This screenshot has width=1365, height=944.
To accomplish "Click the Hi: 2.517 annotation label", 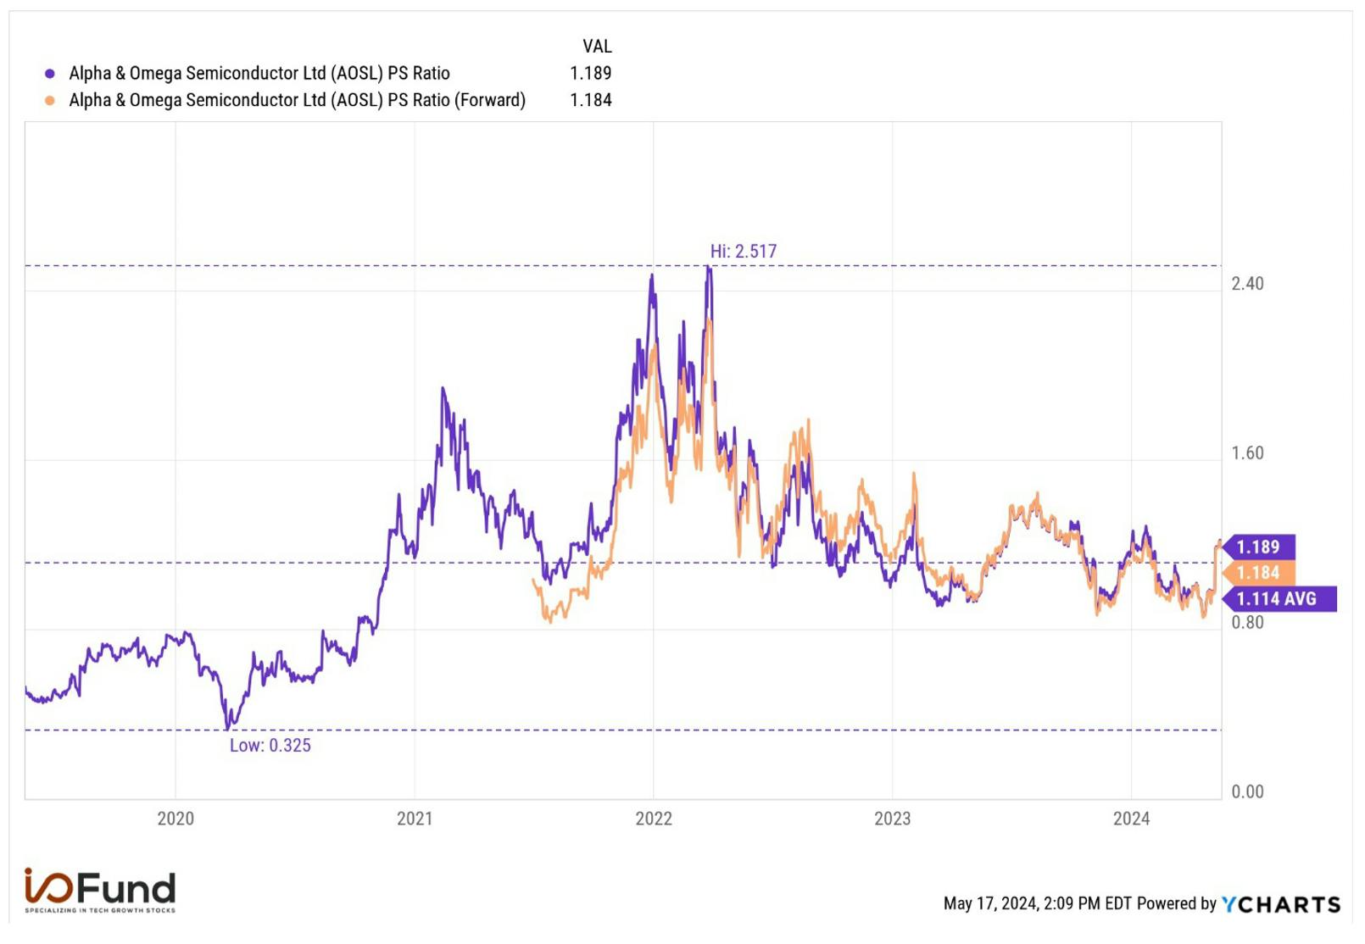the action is pyautogui.click(x=743, y=251).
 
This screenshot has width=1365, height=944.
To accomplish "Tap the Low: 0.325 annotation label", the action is pyautogui.click(x=270, y=745).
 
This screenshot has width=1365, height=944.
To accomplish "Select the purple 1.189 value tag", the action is pyautogui.click(x=1259, y=547).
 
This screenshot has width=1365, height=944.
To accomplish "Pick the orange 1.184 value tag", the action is pyautogui.click(x=1259, y=573).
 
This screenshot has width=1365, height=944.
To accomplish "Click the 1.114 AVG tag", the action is pyautogui.click(x=1279, y=598).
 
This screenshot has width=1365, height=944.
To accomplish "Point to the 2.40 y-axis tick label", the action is pyautogui.click(x=1247, y=283).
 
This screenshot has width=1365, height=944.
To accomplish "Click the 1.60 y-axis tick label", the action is pyautogui.click(x=1247, y=453).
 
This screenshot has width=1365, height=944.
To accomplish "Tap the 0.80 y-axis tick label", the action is pyautogui.click(x=1247, y=622).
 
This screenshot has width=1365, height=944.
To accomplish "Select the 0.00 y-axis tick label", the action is pyautogui.click(x=1247, y=791).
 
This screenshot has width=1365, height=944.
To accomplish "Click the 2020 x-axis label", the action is pyautogui.click(x=175, y=818).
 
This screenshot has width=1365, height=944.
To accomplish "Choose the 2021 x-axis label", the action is pyautogui.click(x=415, y=818).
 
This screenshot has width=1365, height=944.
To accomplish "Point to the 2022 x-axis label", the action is pyautogui.click(x=653, y=818).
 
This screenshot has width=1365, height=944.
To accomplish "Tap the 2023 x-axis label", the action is pyautogui.click(x=892, y=818).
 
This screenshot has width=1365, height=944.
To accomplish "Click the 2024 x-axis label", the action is pyautogui.click(x=1131, y=818).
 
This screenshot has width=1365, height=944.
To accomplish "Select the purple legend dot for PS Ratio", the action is pyautogui.click(x=50, y=74).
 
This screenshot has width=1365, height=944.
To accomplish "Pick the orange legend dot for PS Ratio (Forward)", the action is pyautogui.click(x=50, y=101).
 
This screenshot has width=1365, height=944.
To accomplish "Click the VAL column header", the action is pyautogui.click(x=597, y=47).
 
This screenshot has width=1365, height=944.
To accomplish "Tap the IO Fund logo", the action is pyautogui.click(x=100, y=890).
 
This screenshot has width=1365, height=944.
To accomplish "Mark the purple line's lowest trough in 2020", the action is pyautogui.click(x=228, y=729).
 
